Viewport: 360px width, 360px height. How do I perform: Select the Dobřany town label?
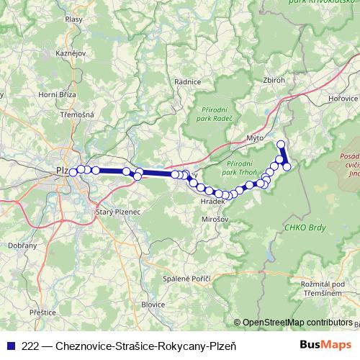pyautogui.click(x=23, y=246)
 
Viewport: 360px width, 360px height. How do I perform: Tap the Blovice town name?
pyautogui.click(x=153, y=305)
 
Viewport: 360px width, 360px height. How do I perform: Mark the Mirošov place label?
pyautogui.click(x=215, y=218)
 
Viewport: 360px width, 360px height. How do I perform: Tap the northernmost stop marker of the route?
pyautogui.click(x=281, y=144)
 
